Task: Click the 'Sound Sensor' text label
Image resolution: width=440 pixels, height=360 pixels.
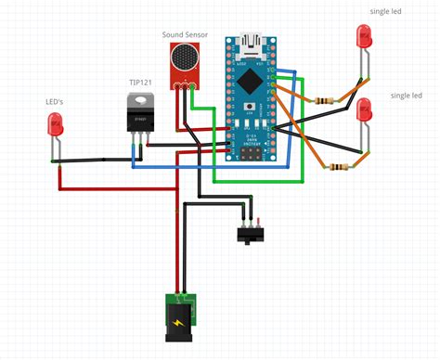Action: [x=185, y=35]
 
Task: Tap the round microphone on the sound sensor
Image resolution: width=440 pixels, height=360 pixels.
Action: [x=182, y=59]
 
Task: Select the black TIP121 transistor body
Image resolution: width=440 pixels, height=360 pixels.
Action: [x=141, y=115]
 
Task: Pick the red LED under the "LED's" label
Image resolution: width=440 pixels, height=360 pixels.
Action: [x=55, y=124]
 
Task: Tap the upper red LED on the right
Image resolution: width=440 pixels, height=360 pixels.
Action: [x=364, y=38]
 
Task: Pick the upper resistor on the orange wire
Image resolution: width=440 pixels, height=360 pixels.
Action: [x=325, y=99]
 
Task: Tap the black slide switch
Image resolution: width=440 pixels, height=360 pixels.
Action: [x=248, y=233]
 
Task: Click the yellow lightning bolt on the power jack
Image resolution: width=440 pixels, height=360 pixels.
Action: [x=178, y=320]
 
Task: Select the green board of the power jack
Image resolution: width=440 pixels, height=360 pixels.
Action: [x=178, y=301]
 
